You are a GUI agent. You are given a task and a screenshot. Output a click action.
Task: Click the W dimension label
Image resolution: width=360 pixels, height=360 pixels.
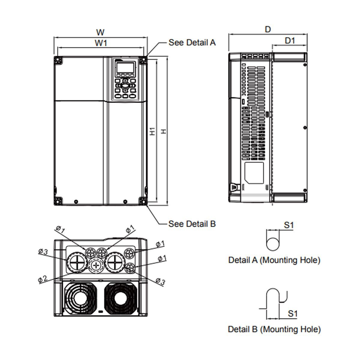[100, 32]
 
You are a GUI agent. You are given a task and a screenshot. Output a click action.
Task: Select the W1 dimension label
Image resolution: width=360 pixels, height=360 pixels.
[101, 43]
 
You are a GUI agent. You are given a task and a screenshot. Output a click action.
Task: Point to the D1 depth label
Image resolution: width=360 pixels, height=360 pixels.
[290, 40]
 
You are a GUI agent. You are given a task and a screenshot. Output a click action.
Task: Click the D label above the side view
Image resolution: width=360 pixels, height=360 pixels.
[268, 29]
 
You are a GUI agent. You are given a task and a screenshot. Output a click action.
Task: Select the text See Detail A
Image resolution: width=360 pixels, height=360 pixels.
[192, 43]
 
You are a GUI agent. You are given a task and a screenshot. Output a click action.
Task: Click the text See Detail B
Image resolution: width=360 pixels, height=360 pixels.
[192, 224]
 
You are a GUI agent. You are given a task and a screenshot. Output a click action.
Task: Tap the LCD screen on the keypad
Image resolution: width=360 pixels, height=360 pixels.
[125, 67]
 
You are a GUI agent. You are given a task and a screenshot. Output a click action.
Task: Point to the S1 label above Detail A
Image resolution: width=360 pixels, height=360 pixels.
[288, 225]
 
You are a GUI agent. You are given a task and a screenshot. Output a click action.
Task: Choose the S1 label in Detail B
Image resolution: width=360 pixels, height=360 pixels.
[292, 314]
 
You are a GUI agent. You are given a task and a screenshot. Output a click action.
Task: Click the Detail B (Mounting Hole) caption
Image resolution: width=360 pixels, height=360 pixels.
[274, 329]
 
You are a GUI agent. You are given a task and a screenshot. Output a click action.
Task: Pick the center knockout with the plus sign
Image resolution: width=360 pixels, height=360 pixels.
[96, 265]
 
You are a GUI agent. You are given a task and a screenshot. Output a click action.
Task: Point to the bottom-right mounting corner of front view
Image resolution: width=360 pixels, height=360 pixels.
[143, 201]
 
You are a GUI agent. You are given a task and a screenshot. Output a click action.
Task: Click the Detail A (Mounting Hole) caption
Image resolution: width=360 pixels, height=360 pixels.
[274, 260]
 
